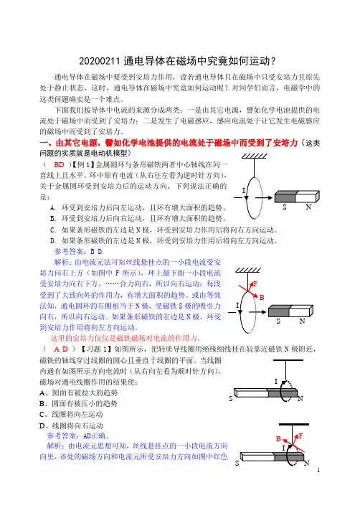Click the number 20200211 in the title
coord(100,61)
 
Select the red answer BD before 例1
coord(59,165)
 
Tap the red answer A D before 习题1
coord(61,349)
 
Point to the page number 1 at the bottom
coord(318,470)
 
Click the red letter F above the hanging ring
coord(255,284)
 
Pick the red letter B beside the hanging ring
coord(262,297)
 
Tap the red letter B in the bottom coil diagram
coord(278,438)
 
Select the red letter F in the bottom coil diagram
coord(300,436)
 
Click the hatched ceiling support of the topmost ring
coord(255,156)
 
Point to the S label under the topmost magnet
coord(284,207)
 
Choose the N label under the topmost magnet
coord(308,207)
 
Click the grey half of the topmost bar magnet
coord(285,197)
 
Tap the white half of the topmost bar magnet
coord(306,197)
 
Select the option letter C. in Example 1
coord(53,230)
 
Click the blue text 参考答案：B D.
coord(79,251)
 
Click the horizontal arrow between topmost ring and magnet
coord(263,197)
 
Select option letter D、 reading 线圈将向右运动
coord(45,425)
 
